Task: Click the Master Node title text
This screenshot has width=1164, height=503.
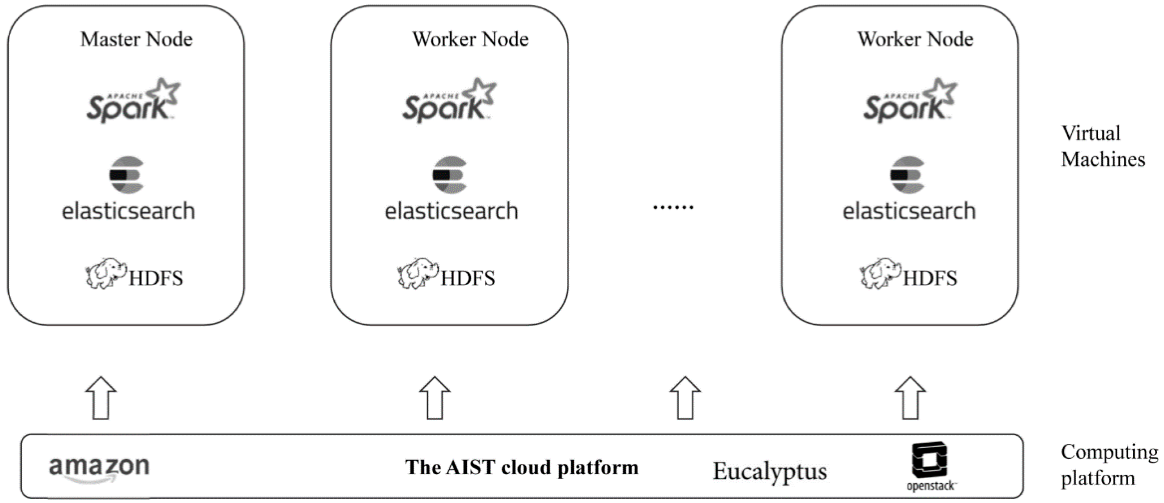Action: (x=136, y=40)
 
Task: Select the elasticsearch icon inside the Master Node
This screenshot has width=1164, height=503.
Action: (x=127, y=175)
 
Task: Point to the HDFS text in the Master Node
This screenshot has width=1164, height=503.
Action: (x=156, y=278)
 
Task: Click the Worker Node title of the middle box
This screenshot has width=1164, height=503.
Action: (x=470, y=40)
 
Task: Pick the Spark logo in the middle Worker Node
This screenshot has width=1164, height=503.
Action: (x=449, y=102)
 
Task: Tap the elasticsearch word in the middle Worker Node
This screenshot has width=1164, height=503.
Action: (x=451, y=211)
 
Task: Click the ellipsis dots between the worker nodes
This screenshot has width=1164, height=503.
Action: (x=673, y=207)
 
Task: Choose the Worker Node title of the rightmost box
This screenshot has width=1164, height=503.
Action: (x=916, y=40)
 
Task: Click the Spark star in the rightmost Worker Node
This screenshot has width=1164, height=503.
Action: (x=940, y=93)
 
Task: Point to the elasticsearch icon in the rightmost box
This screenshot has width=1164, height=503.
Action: (x=907, y=175)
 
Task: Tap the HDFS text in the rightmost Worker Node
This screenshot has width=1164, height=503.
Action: (x=930, y=278)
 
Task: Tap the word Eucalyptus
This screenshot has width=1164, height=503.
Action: (x=769, y=471)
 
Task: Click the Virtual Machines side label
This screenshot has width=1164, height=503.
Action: (x=1103, y=146)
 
